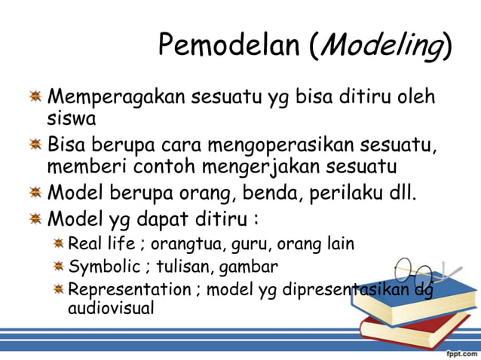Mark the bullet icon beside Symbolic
click(x=59, y=267)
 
